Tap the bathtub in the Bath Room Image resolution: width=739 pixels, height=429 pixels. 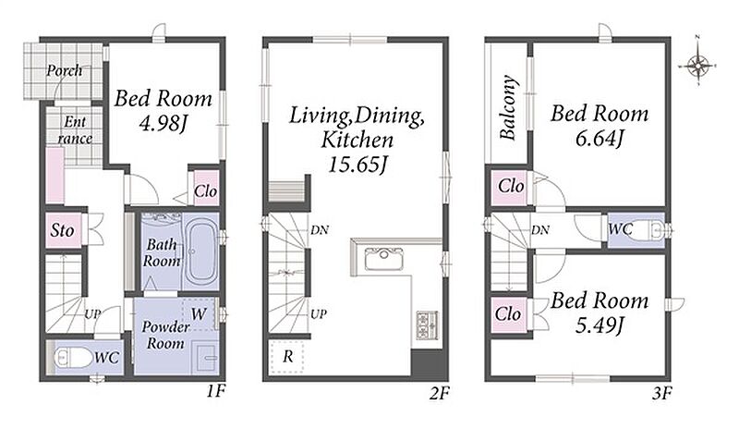(x=201, y=252)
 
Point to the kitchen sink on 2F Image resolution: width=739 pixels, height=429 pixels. (x=384, y=260)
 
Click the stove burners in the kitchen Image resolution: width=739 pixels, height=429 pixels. (x=427, y=325)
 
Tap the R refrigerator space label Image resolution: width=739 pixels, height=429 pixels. (x=287, y=356)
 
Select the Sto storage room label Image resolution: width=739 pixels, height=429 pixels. (x=62, y=230)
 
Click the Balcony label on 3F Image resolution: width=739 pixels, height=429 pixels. (x=508, y=107)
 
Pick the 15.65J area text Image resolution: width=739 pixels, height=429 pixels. (x=357, y=165)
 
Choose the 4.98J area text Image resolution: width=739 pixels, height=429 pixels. (x=164, y=124)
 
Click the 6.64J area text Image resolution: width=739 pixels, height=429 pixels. (x=600, y=139)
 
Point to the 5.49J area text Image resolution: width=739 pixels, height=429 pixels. (x=600, y=325)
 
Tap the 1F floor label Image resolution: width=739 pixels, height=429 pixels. (x=216, y=391)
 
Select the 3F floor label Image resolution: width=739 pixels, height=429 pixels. (x=661, y=393)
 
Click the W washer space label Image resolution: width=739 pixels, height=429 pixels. (x=199, y=313)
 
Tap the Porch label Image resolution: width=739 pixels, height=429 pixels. (x=64, y=71)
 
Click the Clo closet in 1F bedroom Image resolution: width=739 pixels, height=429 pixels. (x=206, y=190)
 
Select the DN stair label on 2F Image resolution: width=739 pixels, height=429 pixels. (x=320, y=230)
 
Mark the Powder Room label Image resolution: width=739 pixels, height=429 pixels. (x=165, y=335)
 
